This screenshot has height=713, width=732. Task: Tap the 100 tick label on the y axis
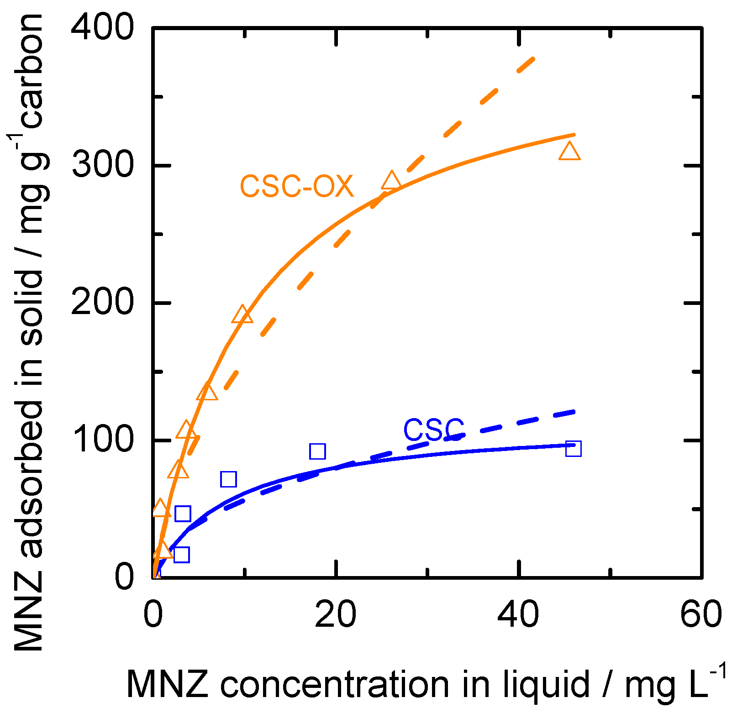[103, 440]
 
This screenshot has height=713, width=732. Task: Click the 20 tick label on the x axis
[336, 614]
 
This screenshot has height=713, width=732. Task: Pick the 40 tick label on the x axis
[519, 614]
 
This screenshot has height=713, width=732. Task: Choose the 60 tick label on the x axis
[701, 614]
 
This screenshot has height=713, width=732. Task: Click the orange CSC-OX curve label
[297, 187]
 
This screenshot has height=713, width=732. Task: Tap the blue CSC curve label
[433, 430]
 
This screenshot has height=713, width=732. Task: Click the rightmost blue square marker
[573, 449]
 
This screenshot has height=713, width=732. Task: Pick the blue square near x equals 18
[317, 451]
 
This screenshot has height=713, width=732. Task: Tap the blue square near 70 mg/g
[228, 479]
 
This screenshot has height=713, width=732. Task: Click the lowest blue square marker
[181, 555]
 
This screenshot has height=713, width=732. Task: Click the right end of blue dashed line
[574, 412]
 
